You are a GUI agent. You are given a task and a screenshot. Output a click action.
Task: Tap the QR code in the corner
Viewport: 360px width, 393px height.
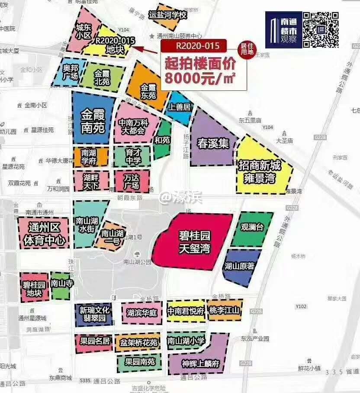(321, 29)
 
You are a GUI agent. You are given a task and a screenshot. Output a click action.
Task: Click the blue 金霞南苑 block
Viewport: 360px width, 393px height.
(93, 119)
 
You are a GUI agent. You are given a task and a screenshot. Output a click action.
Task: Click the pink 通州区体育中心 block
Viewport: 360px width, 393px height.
(44, 233)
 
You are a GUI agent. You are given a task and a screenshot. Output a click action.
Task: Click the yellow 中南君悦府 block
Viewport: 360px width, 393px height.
(186, 311)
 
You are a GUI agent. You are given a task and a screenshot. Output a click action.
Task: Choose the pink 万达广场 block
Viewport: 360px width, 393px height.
(132, 181)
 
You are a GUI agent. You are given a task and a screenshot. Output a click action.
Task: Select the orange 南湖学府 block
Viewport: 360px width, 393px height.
(90, 157)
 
